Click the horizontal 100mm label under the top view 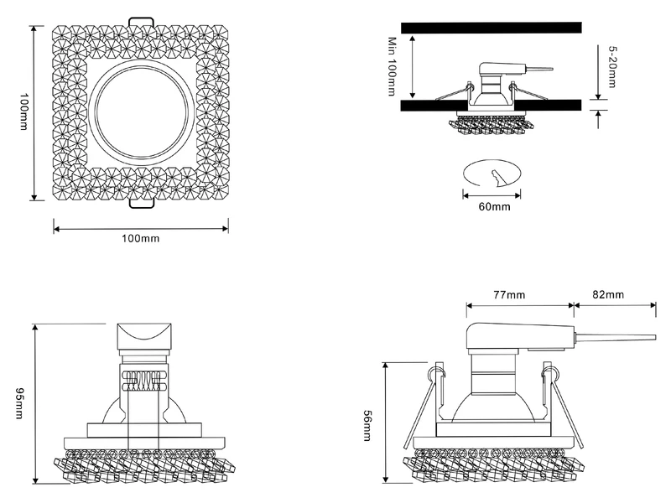pos(140,239)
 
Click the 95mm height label pos(19,405)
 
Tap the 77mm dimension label pos(509,294)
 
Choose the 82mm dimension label pos(608,294)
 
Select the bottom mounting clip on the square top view pos(141,204)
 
